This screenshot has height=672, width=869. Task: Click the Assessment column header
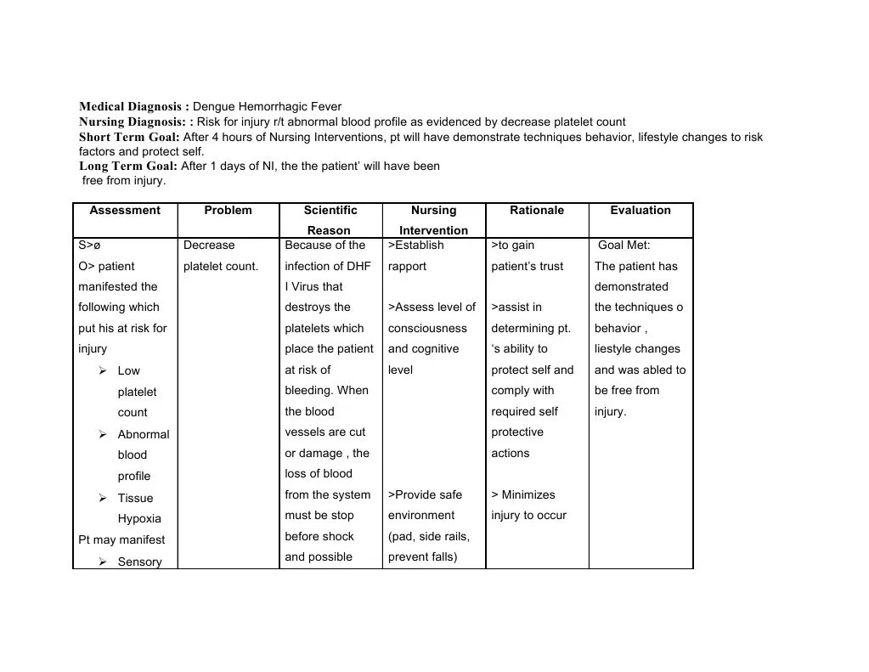[x=125, y=211]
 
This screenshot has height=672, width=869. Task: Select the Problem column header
[x=228, y=211]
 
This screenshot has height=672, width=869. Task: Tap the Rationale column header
[x=536, y=211]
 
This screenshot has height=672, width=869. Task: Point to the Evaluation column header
[x=640, y=211]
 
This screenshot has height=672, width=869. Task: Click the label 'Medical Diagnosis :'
[x=134, y=107]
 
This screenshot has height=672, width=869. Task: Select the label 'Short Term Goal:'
[x=129, y=137]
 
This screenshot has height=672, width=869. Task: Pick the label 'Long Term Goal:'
[x=128, y=167]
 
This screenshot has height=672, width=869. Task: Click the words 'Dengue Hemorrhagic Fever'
[x=267, y=107]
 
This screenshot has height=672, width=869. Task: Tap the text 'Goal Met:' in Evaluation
[x=624, y=246]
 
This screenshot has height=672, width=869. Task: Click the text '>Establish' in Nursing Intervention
[x=415, y=246]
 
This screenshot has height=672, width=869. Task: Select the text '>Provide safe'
[x=425, y=495]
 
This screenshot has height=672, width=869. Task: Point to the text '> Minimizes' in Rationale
[x=522, y=495]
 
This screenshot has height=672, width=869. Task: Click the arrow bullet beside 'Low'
[x=102, y=370]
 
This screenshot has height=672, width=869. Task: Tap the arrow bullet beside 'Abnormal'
[x=102, y=434]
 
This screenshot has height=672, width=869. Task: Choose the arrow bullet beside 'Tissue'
[x=102, y=498]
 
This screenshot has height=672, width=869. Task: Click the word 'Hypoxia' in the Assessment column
[x=139, y=519]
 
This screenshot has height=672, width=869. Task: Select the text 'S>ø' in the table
[x=89, y=246]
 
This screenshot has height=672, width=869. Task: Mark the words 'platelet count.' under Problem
[x=221, y=267]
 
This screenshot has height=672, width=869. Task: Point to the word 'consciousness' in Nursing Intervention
[x=427, y=329]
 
